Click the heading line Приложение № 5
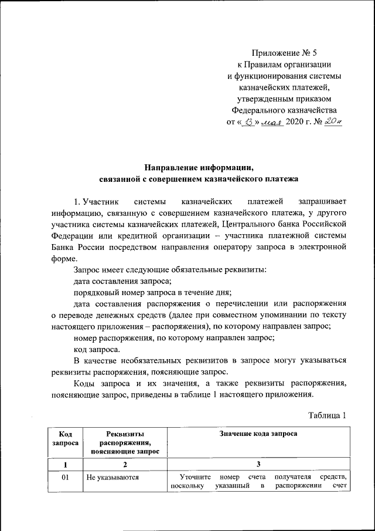pyautogui.click(x=284, y=53)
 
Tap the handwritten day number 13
pyautogui.click(x=248, y=122)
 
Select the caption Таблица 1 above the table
pyautogui.click(x=328, y=415)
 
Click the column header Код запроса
pyautogui.click(x=66, y=439)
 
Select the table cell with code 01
pyautogui.click(x=66, y=478)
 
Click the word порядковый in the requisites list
pyautogui.click(x=94, y=292)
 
